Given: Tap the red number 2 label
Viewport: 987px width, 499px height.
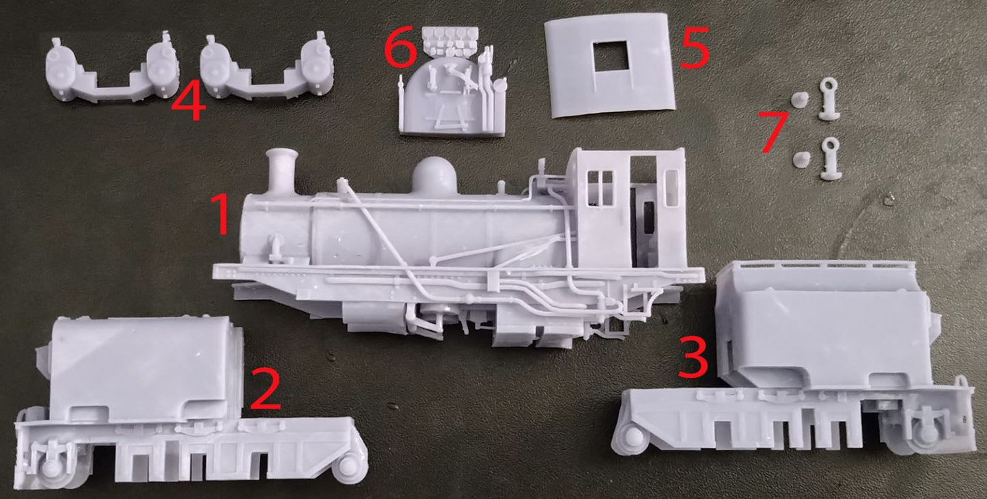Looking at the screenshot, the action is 265,390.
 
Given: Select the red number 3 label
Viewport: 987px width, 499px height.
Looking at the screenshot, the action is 693,357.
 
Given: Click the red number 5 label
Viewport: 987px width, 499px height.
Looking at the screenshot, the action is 695,48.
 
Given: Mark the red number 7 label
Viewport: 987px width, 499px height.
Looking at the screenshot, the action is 773,132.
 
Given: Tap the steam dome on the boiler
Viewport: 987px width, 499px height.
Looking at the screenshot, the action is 434,176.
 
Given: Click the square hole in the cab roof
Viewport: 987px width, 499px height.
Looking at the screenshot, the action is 611,56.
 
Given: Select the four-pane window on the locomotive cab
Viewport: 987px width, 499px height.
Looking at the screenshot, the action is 600,188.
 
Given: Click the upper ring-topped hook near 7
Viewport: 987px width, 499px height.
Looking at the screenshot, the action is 829,99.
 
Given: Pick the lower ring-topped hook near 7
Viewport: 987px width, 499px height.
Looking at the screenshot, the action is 831,159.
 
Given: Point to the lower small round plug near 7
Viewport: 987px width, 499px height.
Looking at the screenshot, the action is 801,159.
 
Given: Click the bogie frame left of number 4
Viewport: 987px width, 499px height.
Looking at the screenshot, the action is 113,70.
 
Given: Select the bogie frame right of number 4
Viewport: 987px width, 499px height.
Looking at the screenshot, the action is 266,68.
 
